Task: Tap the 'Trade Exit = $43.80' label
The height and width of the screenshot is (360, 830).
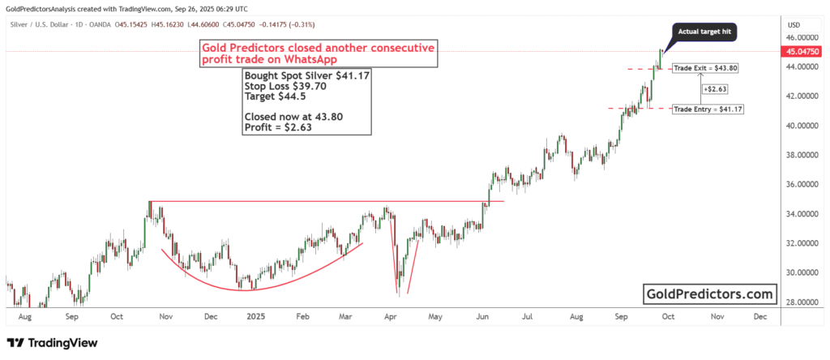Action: coord(705,68)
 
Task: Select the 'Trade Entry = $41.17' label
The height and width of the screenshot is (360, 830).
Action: coord(708,109)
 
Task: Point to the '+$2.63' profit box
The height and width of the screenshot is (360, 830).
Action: coord(714,88)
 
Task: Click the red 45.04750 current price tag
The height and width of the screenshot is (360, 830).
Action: coord(801,52)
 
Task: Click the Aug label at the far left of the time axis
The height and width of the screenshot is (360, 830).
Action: coord(24,318)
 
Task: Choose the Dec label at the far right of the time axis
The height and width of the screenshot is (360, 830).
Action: coord(759,318)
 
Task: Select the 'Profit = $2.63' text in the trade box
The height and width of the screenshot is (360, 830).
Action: coord(278,127)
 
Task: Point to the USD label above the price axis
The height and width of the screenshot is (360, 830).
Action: coord(794,24)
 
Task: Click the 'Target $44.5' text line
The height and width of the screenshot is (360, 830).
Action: coord(274,96)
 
